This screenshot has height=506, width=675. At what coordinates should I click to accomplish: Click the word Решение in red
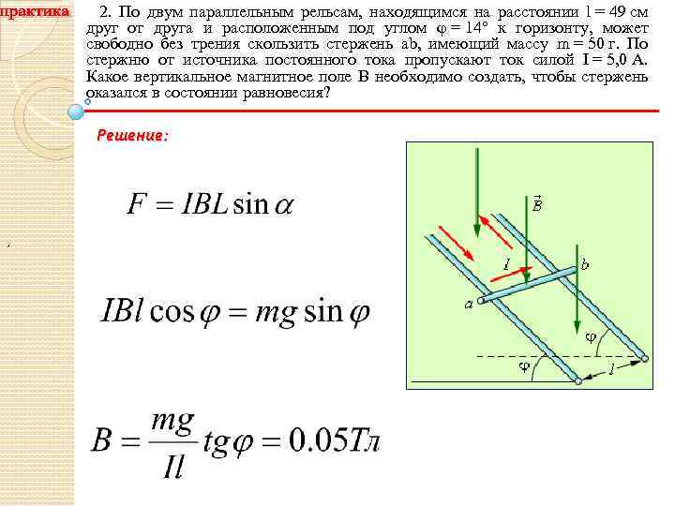point(132,136)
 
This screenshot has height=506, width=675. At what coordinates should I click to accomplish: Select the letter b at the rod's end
point(585,265)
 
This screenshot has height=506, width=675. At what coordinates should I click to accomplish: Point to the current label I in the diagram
point(506,265)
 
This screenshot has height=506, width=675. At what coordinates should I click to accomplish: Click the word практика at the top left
point(35,11)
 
